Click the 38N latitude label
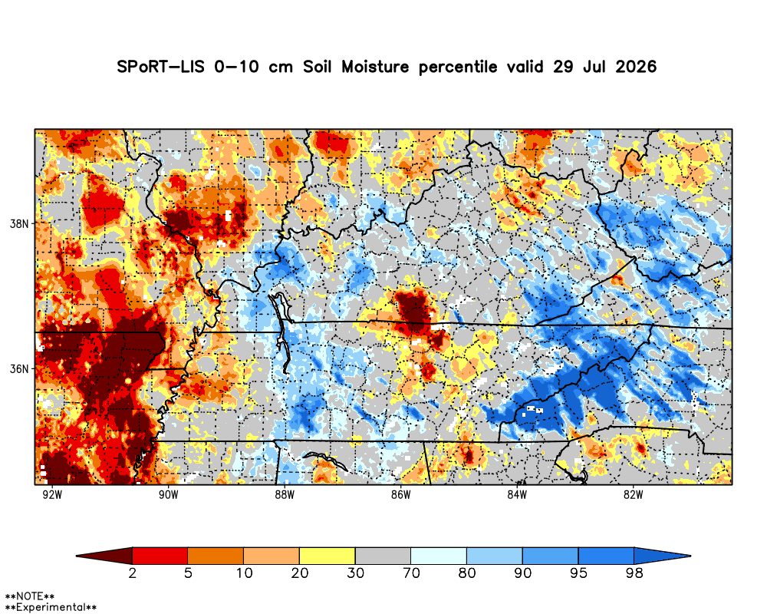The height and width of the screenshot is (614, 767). (x=20, y=224)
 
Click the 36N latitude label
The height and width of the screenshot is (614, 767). (x=20, y=368)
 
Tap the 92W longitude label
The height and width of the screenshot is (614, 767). (x=52, y=494)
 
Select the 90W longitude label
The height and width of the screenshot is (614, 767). (x=169, y=494)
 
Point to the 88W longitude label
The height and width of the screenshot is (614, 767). (x=285, y=494)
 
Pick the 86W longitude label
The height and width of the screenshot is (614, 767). (x=401, y=494)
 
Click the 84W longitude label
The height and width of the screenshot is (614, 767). (x=517, y=494)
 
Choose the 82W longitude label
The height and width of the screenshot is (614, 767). (x=634, y=494)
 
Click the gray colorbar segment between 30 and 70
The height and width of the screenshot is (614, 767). (x=383, y=556)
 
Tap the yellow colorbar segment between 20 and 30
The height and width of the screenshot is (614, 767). (x=328, y=556)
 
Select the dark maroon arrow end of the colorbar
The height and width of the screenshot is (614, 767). (x=104, y=556)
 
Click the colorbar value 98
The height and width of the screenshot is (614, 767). (x=634, y=573)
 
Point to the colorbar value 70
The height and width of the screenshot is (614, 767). (x=411, y=573)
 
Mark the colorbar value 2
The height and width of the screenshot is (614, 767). (x=133, y=573)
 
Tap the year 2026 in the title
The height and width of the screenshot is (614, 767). (x=636, y=67)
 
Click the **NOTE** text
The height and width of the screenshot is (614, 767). (x=29, y=597)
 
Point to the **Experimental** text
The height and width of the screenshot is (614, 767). (x=51, y=608)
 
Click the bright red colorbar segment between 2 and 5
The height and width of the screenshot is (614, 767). (x=160, y=556)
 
